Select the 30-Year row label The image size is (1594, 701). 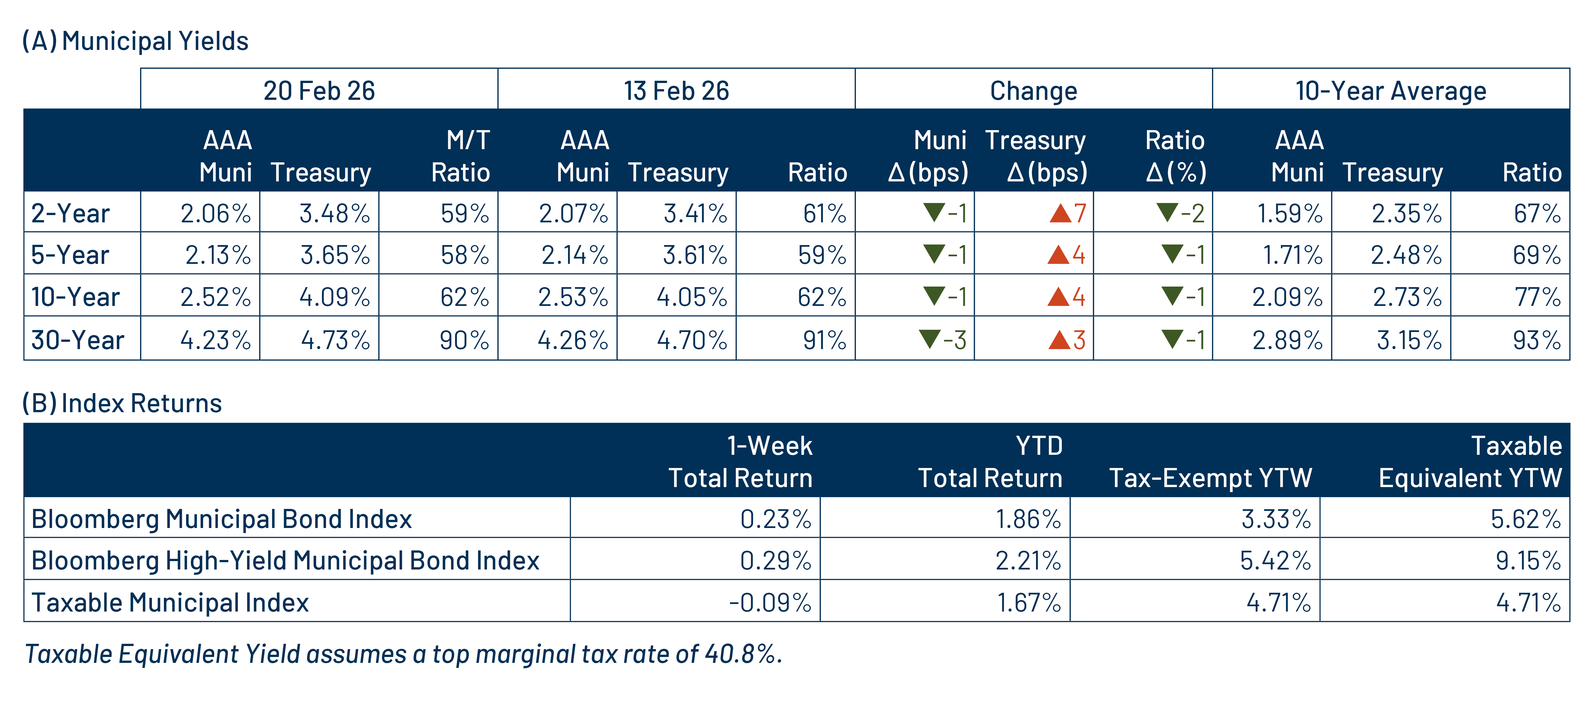pyautogui.click(x=77, y=339)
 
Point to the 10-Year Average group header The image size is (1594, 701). pyautogui.click(x=1391, y=90)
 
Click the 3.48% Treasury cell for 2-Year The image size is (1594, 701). pyautogui.click(x=334, y=213)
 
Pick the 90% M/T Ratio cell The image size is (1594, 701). pyautogui.click(x=464, y=339)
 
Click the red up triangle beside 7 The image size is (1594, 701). pyautogui.click(x=1060, y=213)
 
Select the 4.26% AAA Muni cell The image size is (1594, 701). pyautogui.click(x=572, y=339)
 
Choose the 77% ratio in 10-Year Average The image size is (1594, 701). pyautogui.click(x=1537, y=297)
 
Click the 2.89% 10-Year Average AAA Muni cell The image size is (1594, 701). pyautogui.click(x=1287, y=339)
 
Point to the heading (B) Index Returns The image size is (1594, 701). pyautogui.click(x=122, y=403)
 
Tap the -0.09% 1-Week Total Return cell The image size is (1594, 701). pyautogui.click(x=770, y=602)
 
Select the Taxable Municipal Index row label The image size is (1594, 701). pyautogui.click(x=170, y=602)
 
